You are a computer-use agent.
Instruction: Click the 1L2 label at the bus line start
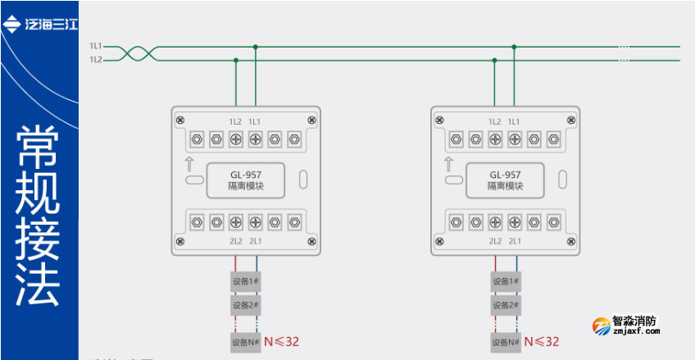pos(95,59)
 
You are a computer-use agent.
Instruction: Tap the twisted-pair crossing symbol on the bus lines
pos(131,53)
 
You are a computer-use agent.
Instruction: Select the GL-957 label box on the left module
pos(245,180)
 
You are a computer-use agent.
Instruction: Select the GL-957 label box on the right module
pos(505,180)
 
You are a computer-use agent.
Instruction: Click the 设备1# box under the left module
pos(245,282)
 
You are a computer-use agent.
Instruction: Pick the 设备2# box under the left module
pos(245,305)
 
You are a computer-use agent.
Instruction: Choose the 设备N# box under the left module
pos(245,342)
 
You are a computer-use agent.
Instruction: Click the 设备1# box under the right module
pos(505,282)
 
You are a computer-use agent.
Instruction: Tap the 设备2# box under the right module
pos(505,305)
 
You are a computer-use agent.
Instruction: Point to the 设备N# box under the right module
pos(505,342)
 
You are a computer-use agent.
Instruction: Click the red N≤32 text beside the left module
pos(282,341)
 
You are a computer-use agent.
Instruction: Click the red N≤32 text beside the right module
pos(542,341)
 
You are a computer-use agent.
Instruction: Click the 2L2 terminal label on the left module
pos(235,241)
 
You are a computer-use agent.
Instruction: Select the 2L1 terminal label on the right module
pos(514,241)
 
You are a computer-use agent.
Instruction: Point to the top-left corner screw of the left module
pos(179,121)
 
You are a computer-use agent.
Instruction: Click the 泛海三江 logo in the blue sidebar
pos(41,25)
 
